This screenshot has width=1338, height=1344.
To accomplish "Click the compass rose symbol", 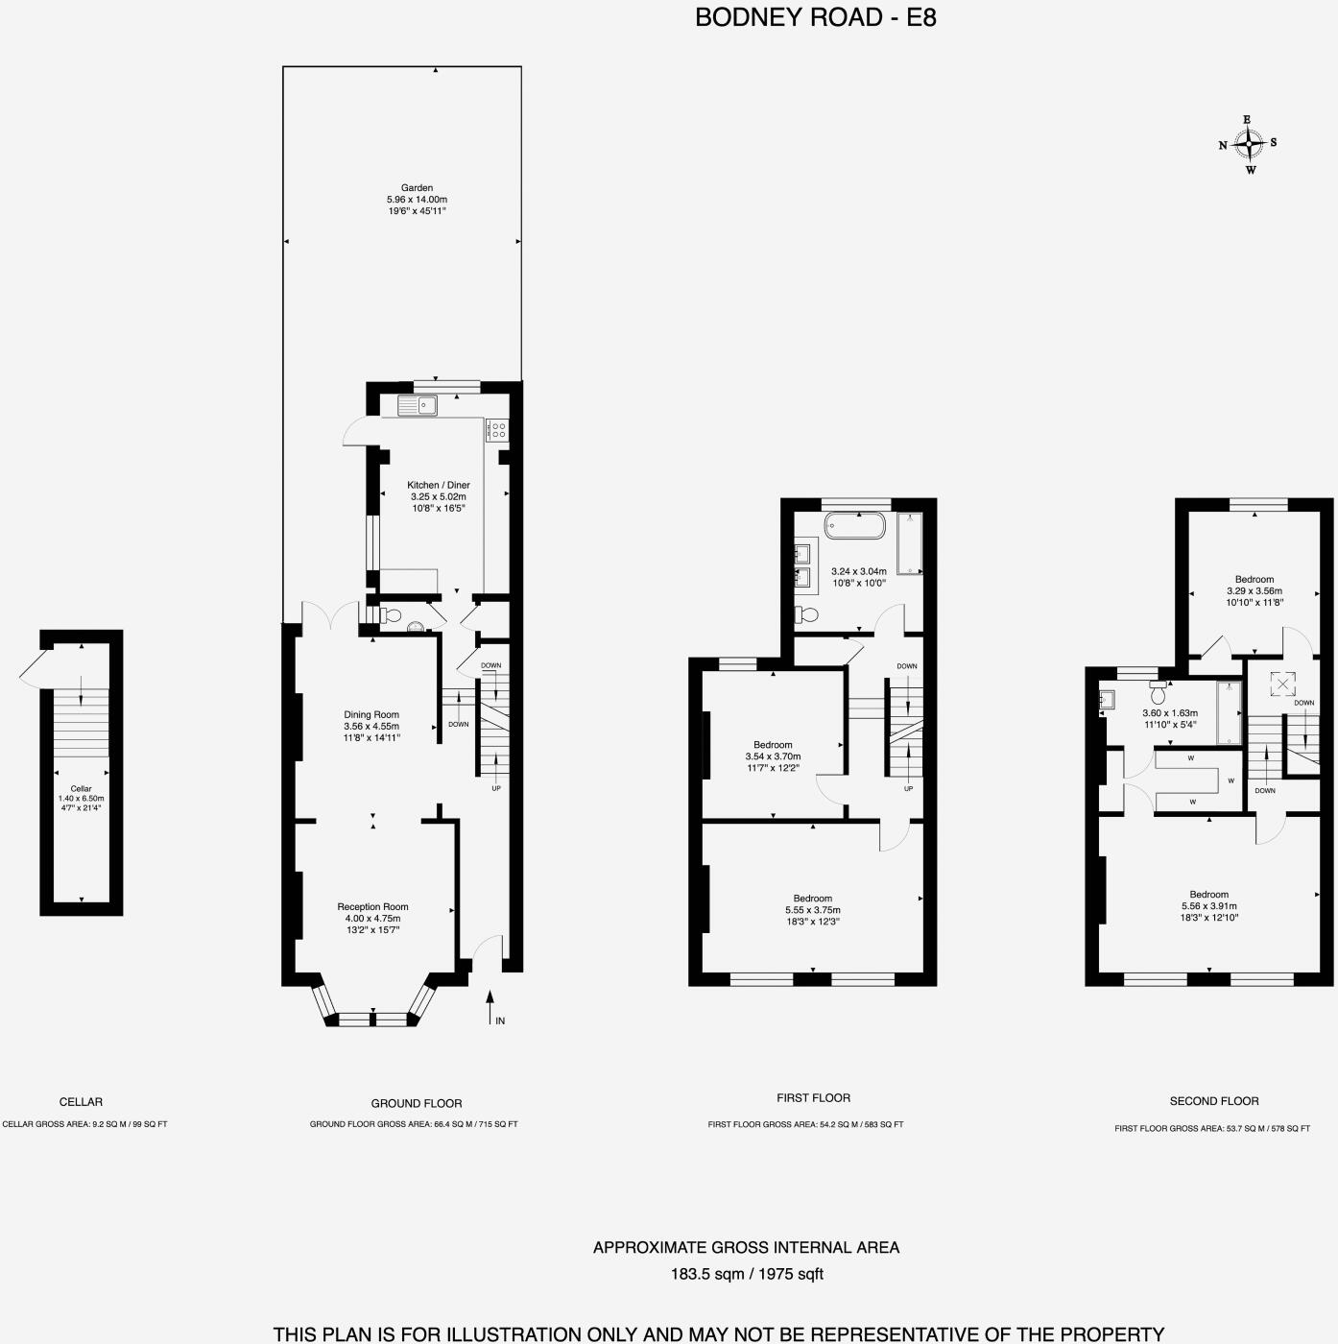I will point(1249,144).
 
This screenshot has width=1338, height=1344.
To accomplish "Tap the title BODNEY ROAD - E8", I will point(815,17).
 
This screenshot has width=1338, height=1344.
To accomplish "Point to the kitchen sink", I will point(418,406).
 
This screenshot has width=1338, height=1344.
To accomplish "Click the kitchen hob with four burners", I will point(496,430).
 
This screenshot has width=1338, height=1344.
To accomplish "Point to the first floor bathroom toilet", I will point(806,614).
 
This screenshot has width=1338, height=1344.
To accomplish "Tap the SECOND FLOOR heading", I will point(1214,1101).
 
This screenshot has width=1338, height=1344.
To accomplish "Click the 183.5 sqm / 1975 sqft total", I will point(747,1275).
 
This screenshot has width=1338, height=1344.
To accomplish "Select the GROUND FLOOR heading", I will point(417,1103).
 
